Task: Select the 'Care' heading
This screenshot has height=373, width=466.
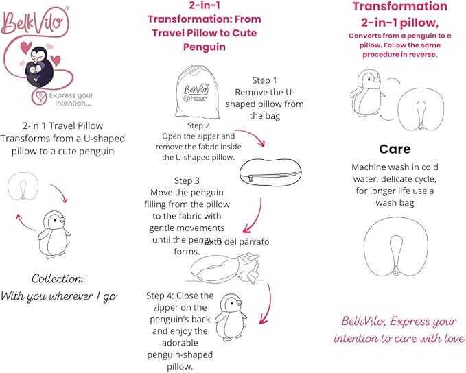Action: (x=395, y=149)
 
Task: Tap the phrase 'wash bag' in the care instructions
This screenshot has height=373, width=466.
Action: (x=395, y=203)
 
